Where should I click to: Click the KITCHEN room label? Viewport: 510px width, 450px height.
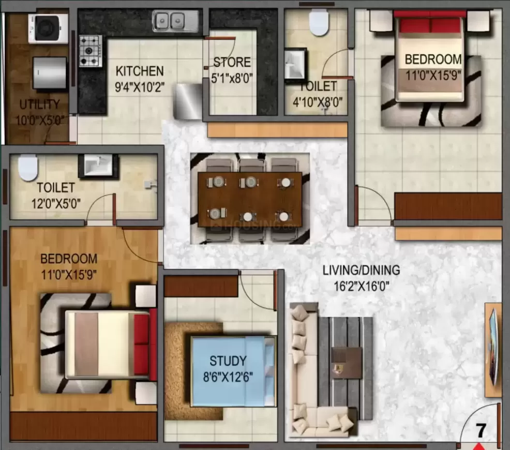point(140,71)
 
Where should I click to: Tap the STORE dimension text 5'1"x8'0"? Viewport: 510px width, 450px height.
point(232,78)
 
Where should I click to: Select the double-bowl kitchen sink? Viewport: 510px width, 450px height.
point(176,21)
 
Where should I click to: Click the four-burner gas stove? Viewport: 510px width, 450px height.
point(91,51)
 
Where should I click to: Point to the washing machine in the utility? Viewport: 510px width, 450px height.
point(48,28)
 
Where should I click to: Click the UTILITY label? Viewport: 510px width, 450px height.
point(40,104)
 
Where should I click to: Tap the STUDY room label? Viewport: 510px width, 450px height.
point(228,361)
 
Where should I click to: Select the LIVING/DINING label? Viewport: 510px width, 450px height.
point(361,270)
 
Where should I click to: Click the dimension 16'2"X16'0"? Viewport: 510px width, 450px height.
point(362,287)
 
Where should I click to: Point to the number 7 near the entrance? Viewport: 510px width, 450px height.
point(481,430)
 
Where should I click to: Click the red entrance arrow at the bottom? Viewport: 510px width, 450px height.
point(478,446)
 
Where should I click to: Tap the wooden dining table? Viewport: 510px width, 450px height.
point(250,199)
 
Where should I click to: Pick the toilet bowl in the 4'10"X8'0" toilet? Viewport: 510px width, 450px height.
point(319,22)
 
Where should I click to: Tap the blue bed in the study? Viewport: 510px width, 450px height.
point(233,371)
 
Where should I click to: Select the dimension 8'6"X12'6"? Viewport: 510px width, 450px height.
point(228,377)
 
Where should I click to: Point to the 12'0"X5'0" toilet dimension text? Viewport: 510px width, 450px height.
point(56,204)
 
